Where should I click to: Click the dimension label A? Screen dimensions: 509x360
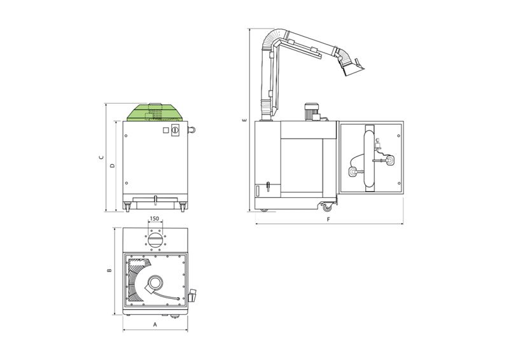click(155, 324)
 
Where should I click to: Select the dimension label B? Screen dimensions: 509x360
click(109, 270)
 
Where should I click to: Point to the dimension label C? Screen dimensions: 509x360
click(102, 158)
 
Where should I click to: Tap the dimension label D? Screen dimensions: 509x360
click(113, 165)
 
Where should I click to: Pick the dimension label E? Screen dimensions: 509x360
click(245, 120)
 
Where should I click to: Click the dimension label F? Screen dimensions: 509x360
click(328, 219)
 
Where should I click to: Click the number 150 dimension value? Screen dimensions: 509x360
click(155, 218)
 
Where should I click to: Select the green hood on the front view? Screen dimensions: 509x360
click(155, 113)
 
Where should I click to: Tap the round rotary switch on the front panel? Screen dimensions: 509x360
click(175, 130)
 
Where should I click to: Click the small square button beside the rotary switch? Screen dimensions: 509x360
click(166, 130)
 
